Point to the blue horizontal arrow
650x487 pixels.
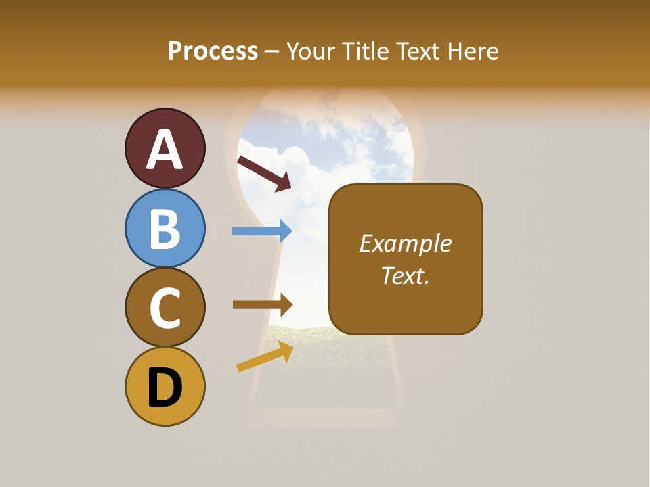tap(262, 231)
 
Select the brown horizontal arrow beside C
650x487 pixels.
tap(262, 304)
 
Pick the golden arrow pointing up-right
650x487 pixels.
tap(265, 356)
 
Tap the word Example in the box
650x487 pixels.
tap(406, 243)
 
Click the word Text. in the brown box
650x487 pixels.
tap(406, 276)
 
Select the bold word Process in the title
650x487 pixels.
tap(213, 51)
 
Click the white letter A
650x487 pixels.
tap(165, 150)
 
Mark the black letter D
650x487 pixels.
tap(165, 388)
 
